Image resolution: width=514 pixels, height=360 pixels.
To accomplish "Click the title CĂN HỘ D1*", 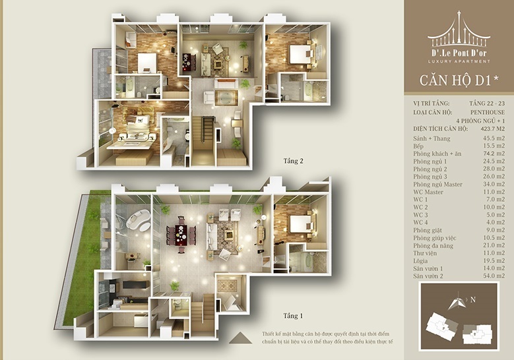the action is click(x=459, y=80).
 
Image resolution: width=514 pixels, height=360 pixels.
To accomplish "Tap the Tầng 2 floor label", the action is click(x=293, y=161).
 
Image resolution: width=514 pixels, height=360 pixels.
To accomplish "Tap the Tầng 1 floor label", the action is click(x=293, y=316).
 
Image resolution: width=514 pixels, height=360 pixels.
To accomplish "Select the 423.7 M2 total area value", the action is click(x=493, y=129).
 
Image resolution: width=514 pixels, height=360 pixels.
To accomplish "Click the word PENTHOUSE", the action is click(x=488, y=112).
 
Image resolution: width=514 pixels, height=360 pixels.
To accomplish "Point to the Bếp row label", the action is click(x=418, y=146).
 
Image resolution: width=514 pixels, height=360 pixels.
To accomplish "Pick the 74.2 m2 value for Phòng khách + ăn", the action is click(x=494, y=154).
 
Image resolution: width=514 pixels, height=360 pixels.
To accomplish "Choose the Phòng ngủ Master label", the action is click(x=437, y=185).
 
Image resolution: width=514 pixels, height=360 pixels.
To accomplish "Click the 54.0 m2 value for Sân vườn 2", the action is click(x=494, y=276).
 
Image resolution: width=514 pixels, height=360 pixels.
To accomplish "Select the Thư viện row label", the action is click(x=425, y=253).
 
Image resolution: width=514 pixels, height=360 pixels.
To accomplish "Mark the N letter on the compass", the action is click(x=472, y=299).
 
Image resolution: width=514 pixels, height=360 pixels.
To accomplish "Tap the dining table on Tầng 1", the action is click(x=181, y=235).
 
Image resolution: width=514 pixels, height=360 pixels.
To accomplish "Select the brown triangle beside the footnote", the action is click(x=240, y=338).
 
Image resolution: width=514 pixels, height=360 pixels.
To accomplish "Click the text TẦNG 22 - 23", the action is click(x=487, y=104).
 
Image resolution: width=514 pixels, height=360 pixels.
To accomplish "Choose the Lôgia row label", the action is click(x=420, y=261).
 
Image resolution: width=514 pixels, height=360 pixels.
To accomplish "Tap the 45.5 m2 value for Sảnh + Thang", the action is click(x=494, y=138).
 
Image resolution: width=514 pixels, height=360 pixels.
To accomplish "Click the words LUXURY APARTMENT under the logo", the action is click(x=459, y=61).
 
